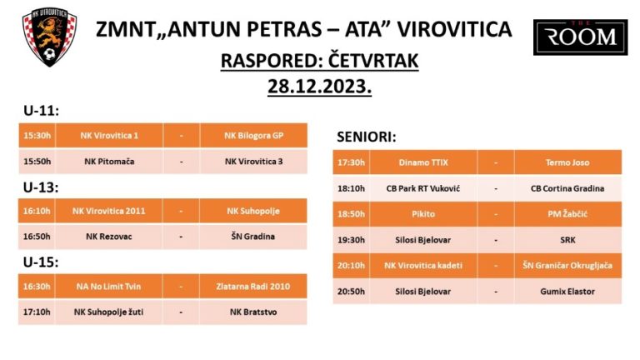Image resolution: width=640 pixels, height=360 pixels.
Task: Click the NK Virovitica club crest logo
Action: tap(49, 37)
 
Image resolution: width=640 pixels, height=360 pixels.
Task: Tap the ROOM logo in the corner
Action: tap(580, 37)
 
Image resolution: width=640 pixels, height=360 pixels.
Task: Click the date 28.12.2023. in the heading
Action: tap(320, 87)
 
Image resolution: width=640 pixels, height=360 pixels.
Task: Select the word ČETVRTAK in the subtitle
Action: tap(373, 61)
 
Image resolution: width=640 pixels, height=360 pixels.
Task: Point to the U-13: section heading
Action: tap(41, 187)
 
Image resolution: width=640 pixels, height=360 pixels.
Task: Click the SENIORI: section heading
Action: tap(366, 137)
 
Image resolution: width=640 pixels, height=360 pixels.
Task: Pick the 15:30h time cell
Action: tap(37, 136)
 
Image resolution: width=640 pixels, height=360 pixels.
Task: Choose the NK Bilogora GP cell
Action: tap(253, 136)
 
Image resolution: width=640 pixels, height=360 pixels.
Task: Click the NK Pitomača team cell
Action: tap(109, 162)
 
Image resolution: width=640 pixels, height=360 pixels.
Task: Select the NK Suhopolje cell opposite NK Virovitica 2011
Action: tap(253, 211)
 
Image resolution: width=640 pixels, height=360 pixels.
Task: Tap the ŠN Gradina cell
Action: tap(253, 237)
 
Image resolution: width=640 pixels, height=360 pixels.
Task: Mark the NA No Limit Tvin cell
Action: tap(108, 287)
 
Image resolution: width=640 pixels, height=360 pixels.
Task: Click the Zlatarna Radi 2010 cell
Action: tap(253, 287)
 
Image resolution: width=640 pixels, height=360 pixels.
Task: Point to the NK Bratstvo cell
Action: tap(253, 312)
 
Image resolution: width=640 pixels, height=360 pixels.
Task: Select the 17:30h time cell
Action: tap(351, 162)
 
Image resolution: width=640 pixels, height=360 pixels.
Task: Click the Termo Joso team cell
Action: tap(567, 162)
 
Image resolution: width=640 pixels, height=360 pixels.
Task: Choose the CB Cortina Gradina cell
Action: tap(567, 188)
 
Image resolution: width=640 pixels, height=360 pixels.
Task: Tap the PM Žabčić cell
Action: tap(567, 214)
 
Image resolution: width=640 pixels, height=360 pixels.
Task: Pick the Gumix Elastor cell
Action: tap(567, 292)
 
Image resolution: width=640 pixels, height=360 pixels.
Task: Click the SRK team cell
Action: tap(567, 240)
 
